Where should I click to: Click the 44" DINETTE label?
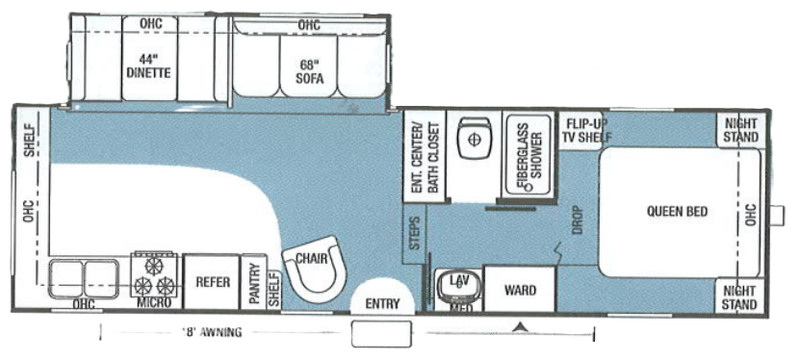coord(148,64)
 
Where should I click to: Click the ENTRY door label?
coord(382,303)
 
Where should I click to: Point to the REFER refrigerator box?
coord(211,282)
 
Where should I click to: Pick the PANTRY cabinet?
coord(254,283)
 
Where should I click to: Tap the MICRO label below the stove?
coord(154,303)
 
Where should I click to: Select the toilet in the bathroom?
coord(473,139)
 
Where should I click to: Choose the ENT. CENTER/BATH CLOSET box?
coord(424,159)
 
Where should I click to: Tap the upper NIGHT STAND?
coord(740,130)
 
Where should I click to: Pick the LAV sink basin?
coord(458,283)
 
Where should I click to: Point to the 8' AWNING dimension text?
coord(210,333)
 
